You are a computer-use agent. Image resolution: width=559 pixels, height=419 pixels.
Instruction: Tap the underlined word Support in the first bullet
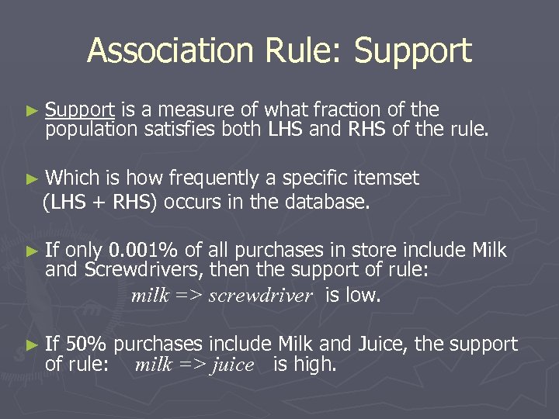[x=80, y=110]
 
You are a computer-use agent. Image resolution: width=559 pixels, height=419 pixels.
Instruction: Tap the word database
[x=329, y=203]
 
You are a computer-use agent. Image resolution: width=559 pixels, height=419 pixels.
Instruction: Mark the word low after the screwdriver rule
[x=363, y=295]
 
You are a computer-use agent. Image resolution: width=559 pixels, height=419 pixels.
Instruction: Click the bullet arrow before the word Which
[x=31, y=179]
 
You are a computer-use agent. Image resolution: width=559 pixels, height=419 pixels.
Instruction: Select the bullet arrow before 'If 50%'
[x=31, y=345]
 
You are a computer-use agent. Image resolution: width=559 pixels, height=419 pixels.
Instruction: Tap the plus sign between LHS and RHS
[x=100, y=203]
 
